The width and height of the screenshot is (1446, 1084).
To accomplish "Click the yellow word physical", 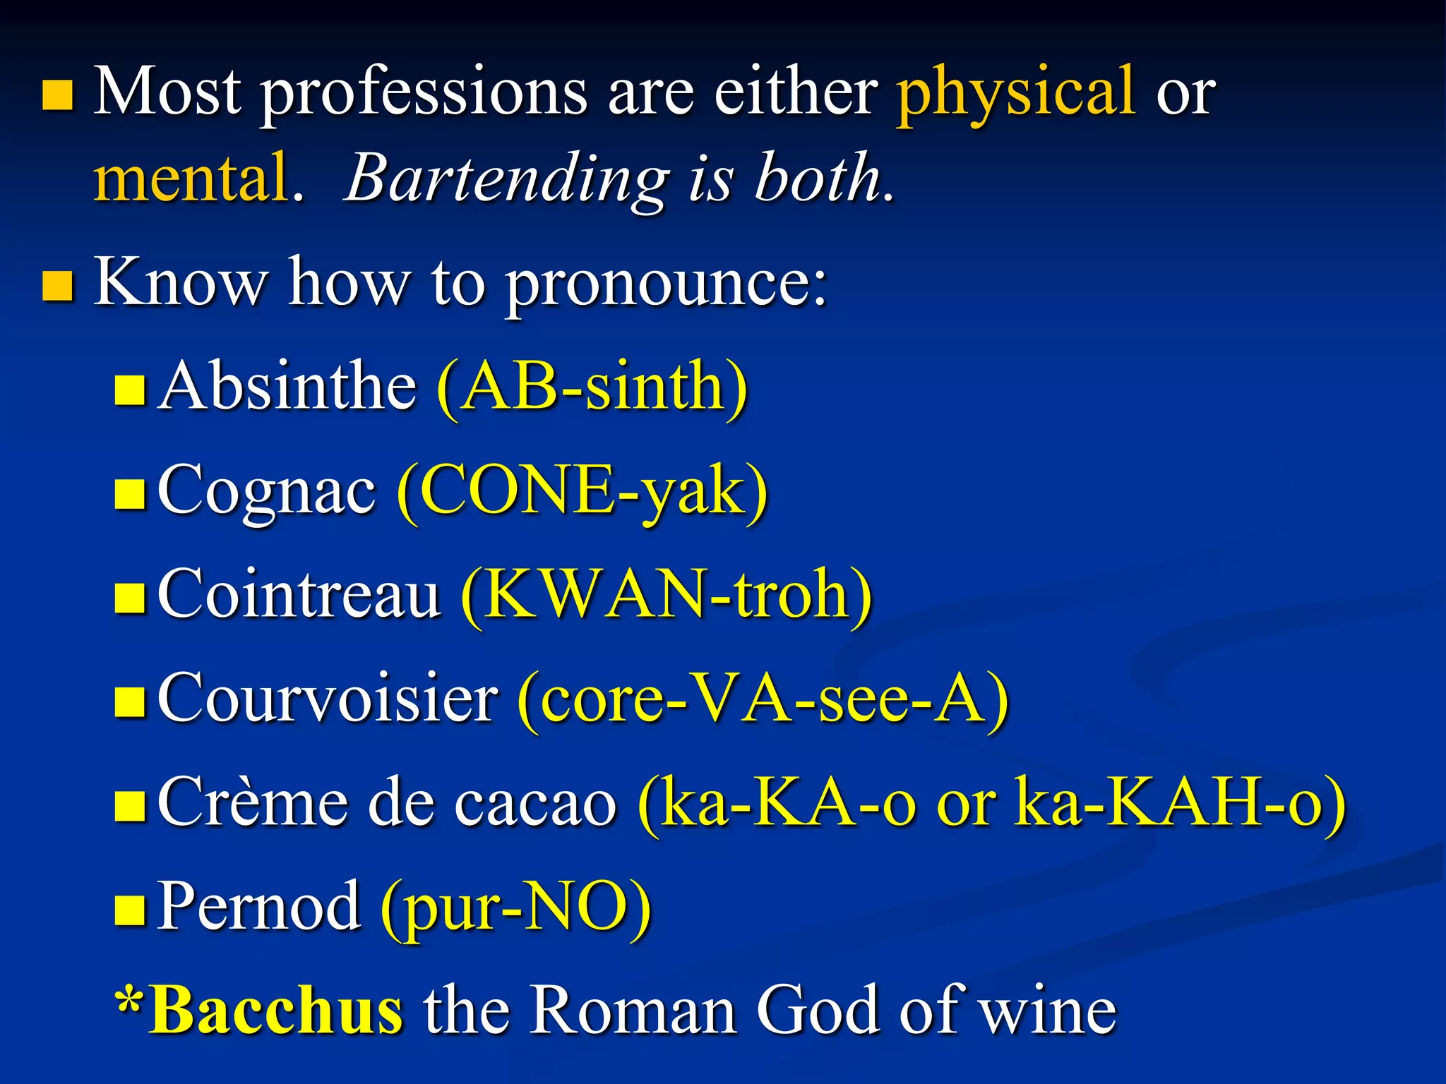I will click(x=1015, y=93).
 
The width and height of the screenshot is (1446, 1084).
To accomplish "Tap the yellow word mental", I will click(x=191, y=178).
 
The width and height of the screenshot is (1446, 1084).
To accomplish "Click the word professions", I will click(x=424, y=95).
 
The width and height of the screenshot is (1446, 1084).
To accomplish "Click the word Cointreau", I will click(x=299, y=594).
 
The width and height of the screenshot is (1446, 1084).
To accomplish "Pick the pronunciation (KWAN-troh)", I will click(x=667, y=595).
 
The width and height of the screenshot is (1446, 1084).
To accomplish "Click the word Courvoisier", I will click(x=328, y=699).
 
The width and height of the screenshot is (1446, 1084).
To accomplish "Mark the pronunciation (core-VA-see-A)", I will click(x=763, y=699).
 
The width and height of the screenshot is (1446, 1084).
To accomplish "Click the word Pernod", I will click(x=258, y=906).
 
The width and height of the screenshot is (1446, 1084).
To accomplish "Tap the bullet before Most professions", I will click(x=58, y=96).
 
